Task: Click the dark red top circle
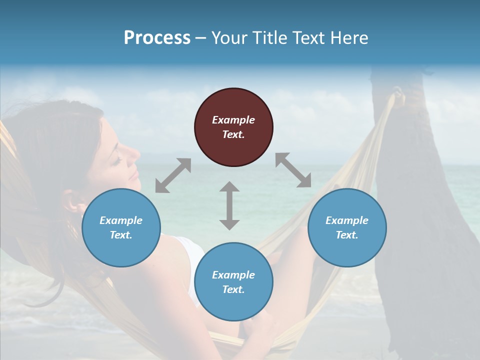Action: (233, 127)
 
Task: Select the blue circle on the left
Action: (121, 227)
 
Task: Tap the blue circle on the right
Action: (347, 227)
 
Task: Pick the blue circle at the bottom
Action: (233, 282)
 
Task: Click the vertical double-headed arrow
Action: (229, 205)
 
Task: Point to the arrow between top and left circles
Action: (173, 175)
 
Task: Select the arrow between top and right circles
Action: (293, 170)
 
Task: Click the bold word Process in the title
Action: (157, 37)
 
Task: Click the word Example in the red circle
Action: (233, 120)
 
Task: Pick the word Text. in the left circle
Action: (121, 235)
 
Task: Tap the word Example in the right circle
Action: (347, 220)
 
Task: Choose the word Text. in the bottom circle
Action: (233, 289)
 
